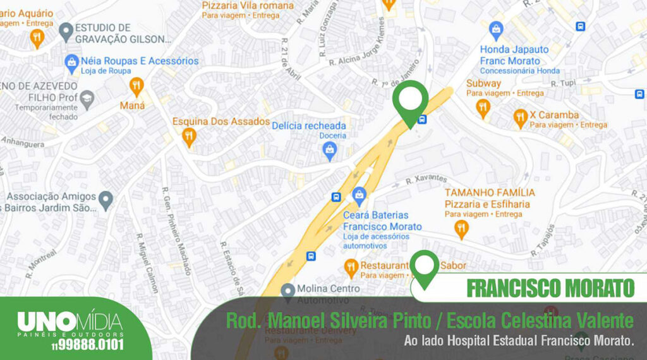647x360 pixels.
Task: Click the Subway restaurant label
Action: click(483, 83)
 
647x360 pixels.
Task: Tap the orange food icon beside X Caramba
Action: click(521, 116)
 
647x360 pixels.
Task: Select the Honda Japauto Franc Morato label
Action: click(511, 55)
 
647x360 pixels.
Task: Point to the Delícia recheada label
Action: click(309, 126)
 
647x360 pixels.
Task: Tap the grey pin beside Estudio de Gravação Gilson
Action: click(65, 30)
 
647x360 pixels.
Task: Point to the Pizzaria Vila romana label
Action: click(248, 6)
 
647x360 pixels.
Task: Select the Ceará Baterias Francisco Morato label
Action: click(382, 220)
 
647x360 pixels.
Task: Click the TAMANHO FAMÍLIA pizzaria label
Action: click(490, 192)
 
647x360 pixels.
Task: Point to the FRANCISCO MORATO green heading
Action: click(549, 288)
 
